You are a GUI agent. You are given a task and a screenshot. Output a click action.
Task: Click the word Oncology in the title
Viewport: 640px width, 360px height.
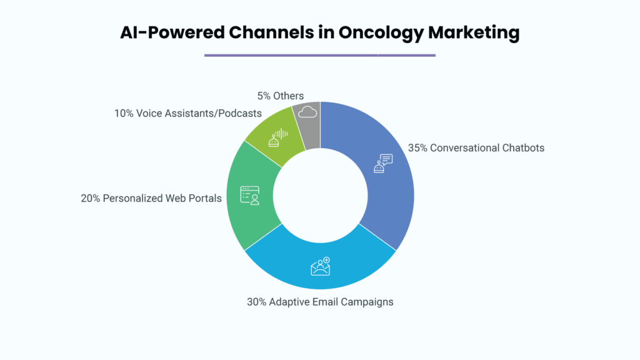381,33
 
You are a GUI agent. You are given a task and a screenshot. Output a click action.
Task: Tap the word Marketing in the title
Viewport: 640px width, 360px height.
474,33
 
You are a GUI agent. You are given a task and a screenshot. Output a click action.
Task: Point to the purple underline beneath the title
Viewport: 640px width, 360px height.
320,55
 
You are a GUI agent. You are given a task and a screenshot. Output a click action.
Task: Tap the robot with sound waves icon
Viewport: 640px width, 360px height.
278,137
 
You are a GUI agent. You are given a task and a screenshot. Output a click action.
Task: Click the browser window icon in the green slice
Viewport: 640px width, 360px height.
250,196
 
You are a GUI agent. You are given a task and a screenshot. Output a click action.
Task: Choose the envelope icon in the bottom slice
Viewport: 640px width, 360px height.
321,266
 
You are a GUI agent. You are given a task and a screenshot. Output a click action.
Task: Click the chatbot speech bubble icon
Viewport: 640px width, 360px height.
383,163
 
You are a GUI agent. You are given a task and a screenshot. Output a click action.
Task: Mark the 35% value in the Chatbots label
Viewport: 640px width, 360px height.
417,147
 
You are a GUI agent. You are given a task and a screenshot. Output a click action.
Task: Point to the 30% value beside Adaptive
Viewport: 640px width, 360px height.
256,302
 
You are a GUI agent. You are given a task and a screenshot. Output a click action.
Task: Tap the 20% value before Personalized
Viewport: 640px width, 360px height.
90,198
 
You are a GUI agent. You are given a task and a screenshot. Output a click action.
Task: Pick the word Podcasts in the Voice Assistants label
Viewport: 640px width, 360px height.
240,114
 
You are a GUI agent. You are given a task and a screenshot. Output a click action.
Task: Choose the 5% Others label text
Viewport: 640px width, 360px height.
281,96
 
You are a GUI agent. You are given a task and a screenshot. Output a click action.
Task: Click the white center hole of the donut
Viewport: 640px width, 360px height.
321,196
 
